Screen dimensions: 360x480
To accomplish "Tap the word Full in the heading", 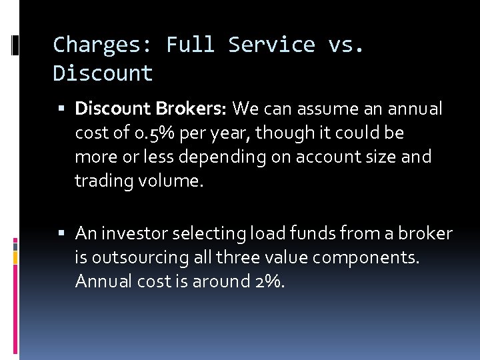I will point(191,45).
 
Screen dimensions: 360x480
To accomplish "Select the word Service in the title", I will point(271,45).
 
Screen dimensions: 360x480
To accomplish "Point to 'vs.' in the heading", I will point(346,45).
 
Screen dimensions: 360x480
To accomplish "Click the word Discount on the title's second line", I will point(103,73).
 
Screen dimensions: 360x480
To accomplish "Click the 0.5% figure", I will point(155,133).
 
